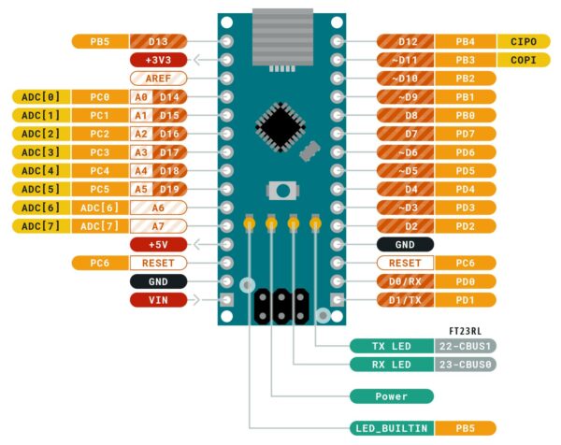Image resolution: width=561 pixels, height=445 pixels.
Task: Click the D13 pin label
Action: (x=156, y=42)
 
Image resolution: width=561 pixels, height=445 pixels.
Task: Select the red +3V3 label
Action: (x=157, y=60)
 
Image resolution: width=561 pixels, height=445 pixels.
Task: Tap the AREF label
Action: (x=157, y=79)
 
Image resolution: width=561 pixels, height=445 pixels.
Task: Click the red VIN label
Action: (x=157, y=300)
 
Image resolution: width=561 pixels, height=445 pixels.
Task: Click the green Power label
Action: (x=391, y=396)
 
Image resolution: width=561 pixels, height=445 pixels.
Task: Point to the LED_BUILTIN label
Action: (x=391, y=428)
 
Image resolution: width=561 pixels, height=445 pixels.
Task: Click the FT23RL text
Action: (x=465, y=330)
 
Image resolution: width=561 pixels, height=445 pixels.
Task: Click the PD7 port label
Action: (x=466, y=134)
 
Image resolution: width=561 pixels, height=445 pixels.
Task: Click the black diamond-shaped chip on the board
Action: (x=280, y=125)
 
